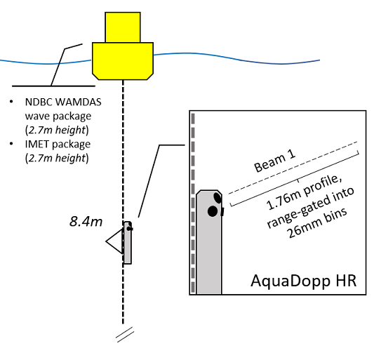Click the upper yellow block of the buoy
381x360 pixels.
coord(123,27)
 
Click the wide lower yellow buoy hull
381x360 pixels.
coord(123,61)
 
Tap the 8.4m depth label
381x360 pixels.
coord(86,222)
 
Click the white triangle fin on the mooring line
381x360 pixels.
coord(114,241)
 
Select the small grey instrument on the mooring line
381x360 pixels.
coord(128,243)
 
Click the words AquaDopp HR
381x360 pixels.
coord(304,281)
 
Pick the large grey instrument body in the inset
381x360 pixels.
coord(209,242)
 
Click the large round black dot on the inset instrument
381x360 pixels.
coord(213,211)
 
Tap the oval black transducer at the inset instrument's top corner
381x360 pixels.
coord(218,198)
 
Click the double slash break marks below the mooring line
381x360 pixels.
coord(125,335)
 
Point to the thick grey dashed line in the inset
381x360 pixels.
coord(193,203)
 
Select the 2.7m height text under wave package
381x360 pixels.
coord(57,130)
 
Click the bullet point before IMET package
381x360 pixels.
coord(11,144)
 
